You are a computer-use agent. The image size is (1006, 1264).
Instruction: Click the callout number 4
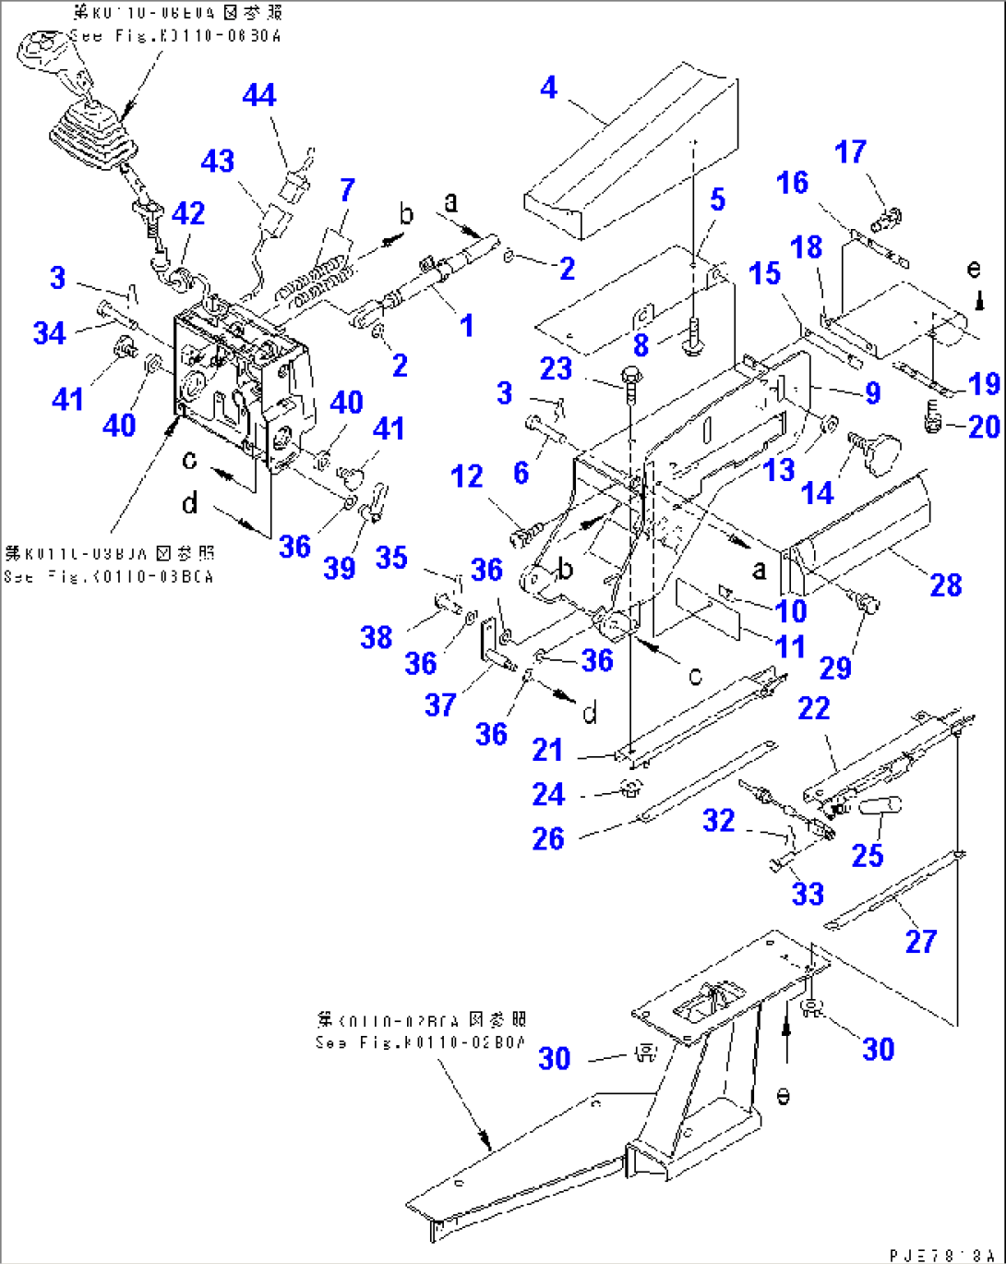point(549,88)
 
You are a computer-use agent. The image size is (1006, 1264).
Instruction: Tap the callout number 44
point(259,95)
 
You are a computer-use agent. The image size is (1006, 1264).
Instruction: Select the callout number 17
point(850,151)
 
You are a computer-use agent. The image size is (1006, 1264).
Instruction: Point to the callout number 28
point(946,584)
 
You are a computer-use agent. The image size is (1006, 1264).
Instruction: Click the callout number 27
point(921,941)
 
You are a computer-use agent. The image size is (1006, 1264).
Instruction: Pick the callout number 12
point(467,476)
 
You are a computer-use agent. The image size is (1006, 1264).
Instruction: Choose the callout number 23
point(556,369)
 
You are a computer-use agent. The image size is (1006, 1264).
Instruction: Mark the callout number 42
point(188,213)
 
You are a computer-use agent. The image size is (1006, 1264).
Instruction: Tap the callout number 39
point(340,567)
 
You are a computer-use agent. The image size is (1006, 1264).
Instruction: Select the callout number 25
point(868,855)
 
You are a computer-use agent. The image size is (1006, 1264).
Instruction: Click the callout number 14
point(818,493)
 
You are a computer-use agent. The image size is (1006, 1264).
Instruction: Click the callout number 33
point(808,893)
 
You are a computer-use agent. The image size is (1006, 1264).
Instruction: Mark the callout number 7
point(347,189)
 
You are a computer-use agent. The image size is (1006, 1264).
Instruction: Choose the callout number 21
point(547,750)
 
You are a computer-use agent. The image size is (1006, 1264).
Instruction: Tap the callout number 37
point(440,705)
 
